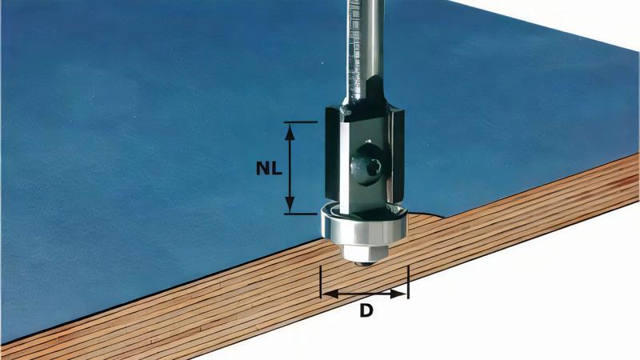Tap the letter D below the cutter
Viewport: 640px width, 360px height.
(366, 310)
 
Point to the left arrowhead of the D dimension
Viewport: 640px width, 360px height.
(326, 294)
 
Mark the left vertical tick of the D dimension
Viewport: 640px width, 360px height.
(321, 282)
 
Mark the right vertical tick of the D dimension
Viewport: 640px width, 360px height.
(408, 282)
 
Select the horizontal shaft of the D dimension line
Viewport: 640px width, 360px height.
(364, 294)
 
